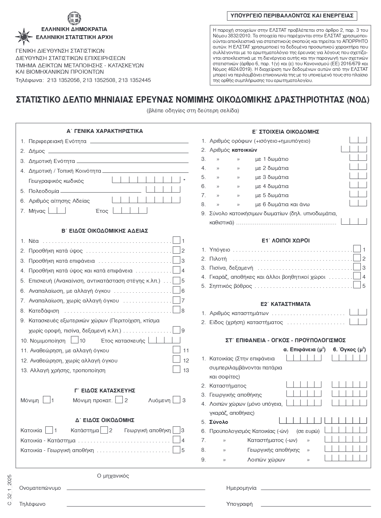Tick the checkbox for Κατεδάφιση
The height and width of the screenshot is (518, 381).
[x=177, y=310]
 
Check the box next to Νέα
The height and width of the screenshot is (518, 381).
[x=177, y=240]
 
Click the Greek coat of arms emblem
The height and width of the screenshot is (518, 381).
[x=74, y=18]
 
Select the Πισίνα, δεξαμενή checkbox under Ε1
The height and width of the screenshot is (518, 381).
[x=357, y=267]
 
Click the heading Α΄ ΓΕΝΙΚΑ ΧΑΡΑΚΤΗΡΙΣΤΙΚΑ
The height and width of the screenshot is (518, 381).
[x=105, y=131]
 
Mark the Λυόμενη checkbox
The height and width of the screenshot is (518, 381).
[x=177, y=400]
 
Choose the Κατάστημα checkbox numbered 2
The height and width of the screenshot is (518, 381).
[x=104, y=430]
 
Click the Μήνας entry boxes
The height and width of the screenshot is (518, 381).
[x=57, y=211]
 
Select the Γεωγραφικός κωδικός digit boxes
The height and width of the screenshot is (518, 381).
[x=147, y=180]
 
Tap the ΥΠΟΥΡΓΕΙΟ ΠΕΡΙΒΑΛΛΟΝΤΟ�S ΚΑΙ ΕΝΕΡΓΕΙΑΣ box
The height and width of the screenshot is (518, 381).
[x=292, y=15]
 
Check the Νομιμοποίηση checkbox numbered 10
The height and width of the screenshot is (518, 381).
[x=74, y=340]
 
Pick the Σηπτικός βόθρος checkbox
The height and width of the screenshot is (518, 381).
[x=357, y=285]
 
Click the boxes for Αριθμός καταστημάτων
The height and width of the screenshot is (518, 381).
[x=358, y=312]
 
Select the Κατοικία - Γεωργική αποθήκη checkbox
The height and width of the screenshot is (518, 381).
[x=177, y=450]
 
